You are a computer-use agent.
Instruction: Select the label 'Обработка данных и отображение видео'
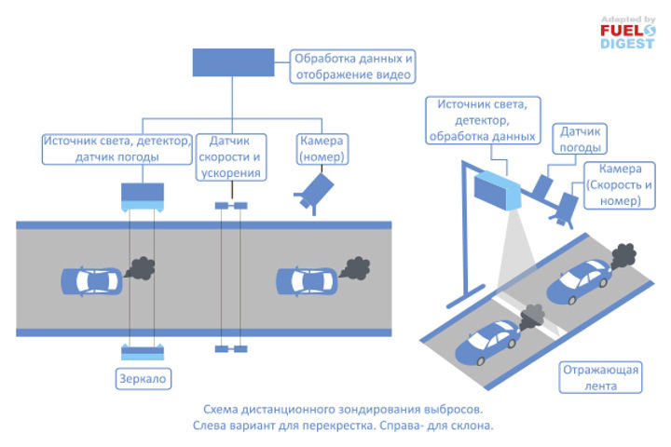[353, 65]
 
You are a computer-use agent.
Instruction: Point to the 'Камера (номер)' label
[323, 149]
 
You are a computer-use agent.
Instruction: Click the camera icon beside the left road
[315, 193]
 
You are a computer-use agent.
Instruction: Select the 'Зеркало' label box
[144, 379]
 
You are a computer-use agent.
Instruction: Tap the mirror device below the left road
[143, 350]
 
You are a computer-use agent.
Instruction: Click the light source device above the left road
[143, 195]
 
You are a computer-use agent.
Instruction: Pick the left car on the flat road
[89, 279]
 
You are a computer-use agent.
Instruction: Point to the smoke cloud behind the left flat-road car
[141, 269]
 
